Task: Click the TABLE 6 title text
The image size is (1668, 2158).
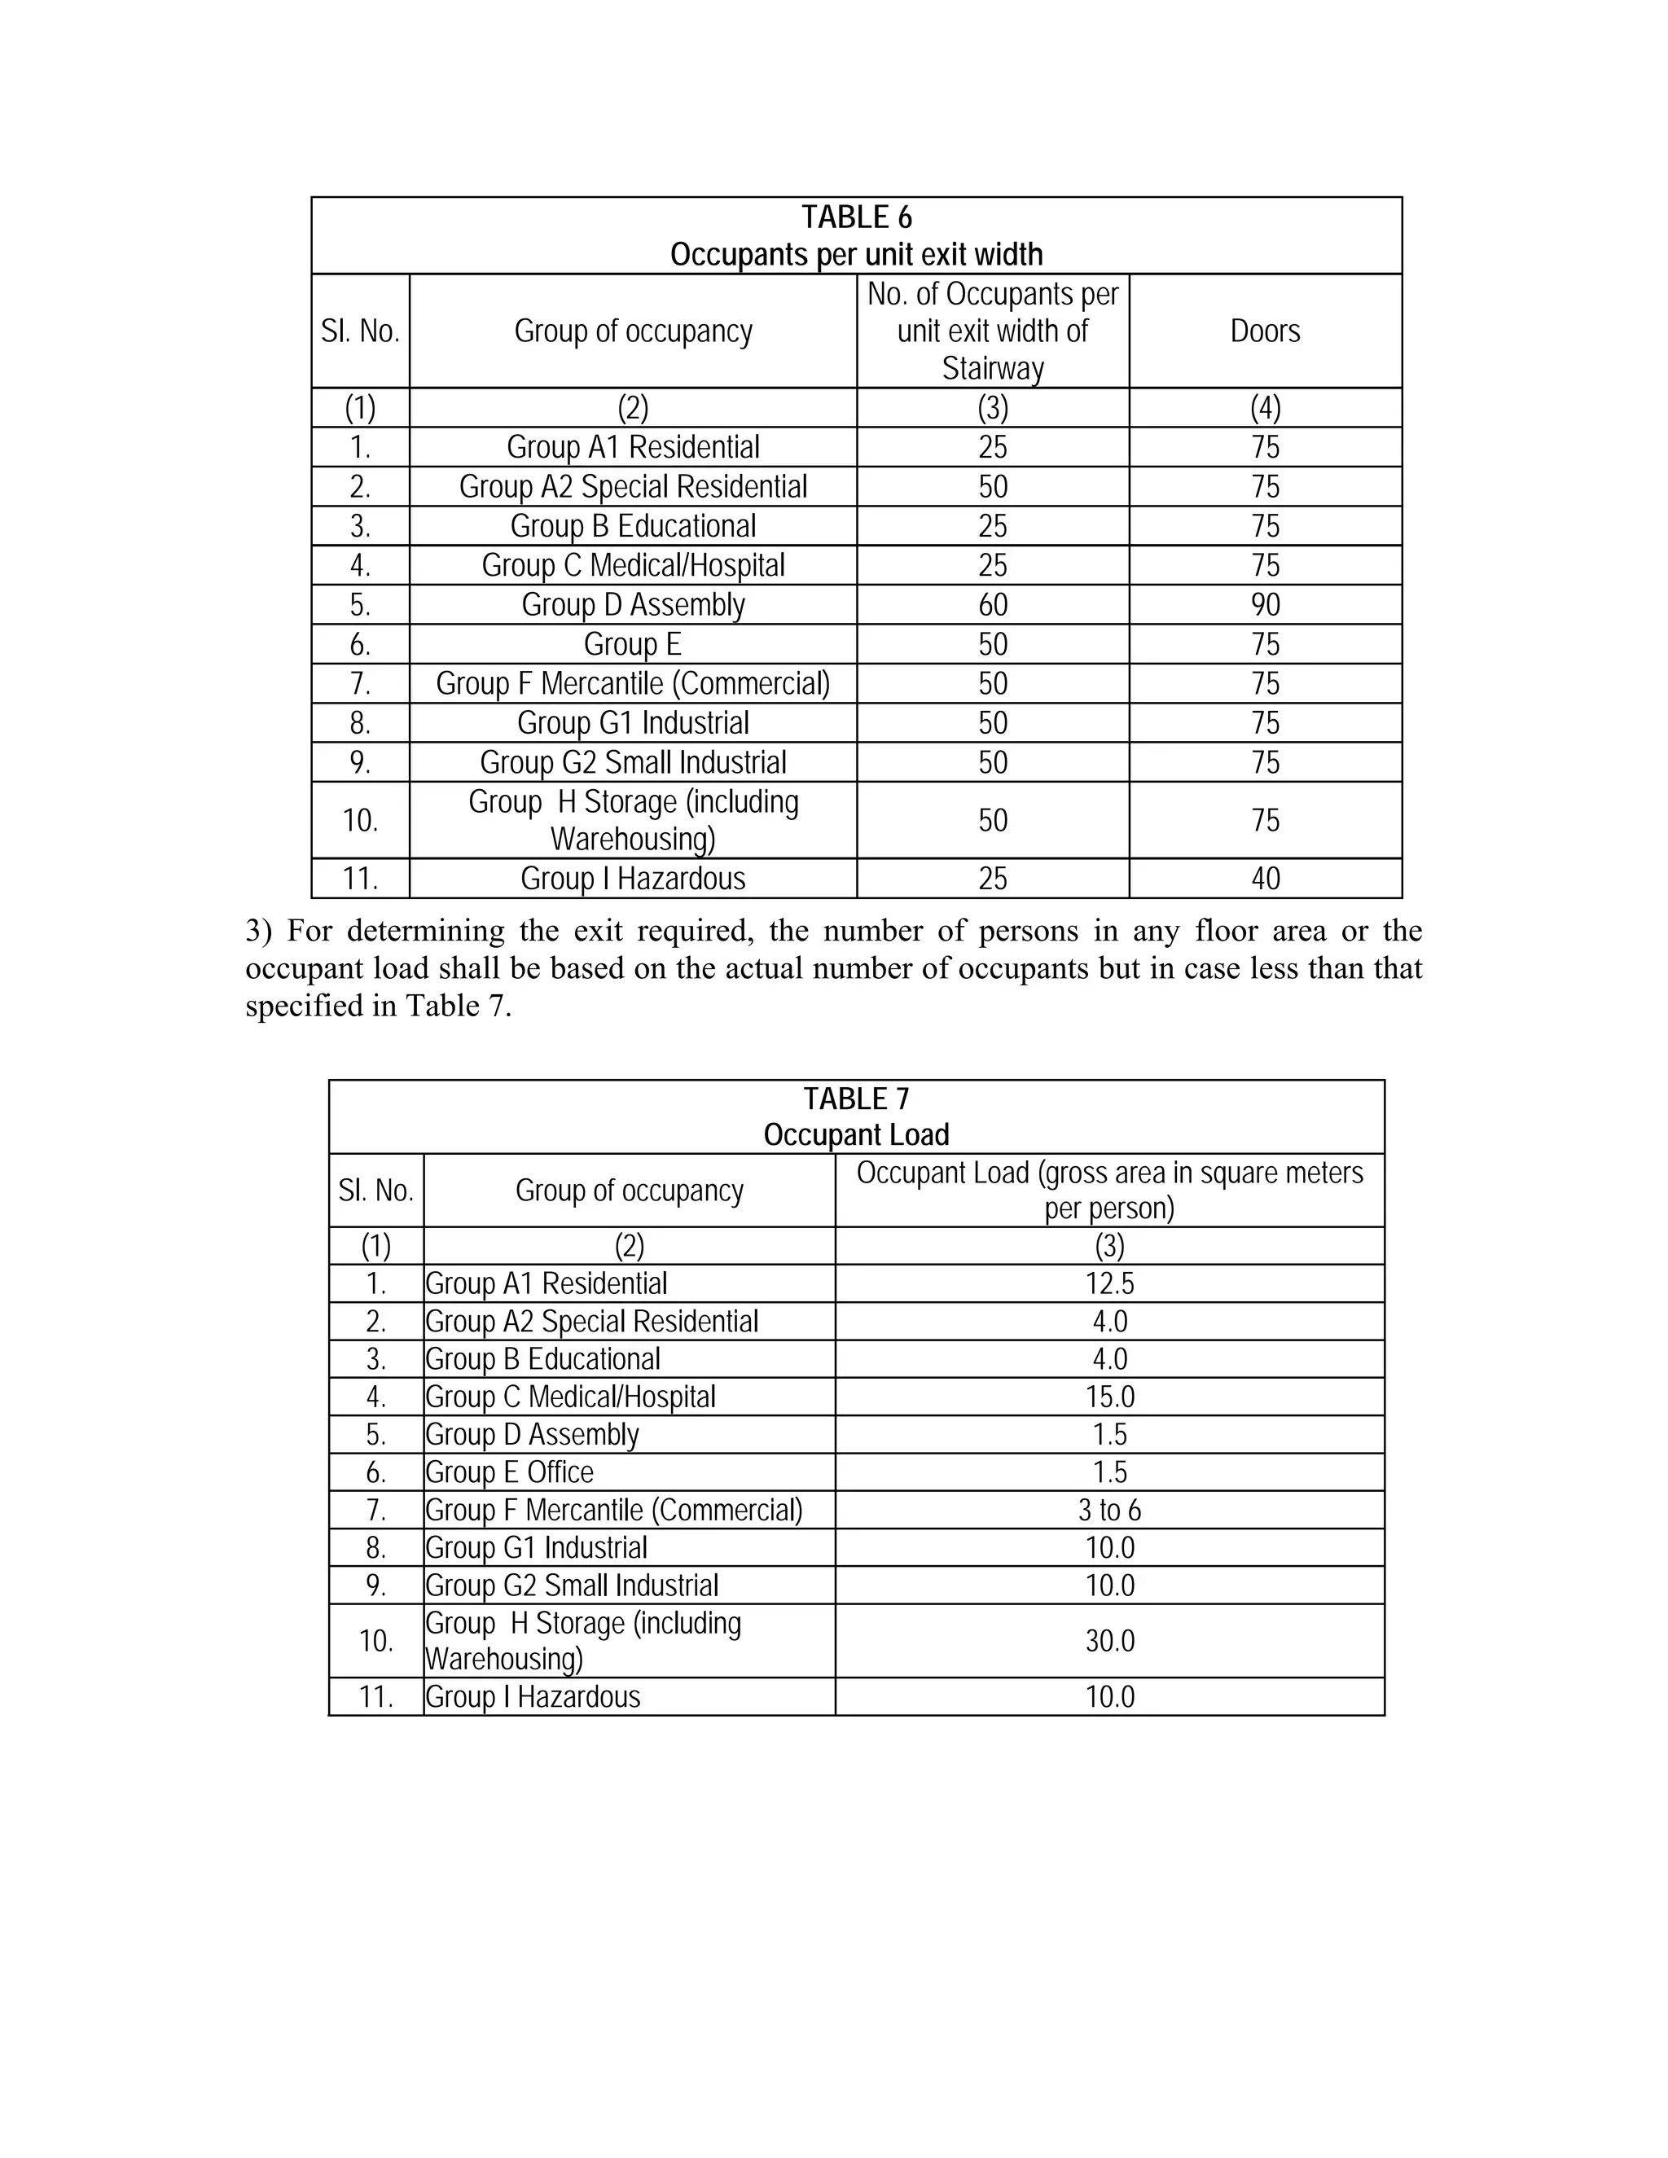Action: (x=856, y=217)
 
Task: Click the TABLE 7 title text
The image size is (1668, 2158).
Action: (x=856, y=1099)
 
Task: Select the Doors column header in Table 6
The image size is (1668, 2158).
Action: (x=1265, y=331)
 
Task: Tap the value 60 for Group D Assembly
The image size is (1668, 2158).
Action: (x=992, y=605)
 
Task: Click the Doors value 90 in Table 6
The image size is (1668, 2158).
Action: (x=1265, y=605)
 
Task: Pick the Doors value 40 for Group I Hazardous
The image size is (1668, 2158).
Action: (x=1265, y=879)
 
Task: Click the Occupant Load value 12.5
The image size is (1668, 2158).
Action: (x=1110, y=1283)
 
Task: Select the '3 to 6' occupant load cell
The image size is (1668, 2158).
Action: (x=1110, y=1510)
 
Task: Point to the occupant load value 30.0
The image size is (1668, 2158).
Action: (x=1110, y=1641)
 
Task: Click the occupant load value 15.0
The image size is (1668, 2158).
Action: (x=1110, y=1397)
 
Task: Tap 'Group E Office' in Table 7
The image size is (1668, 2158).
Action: (x=510, y=1472)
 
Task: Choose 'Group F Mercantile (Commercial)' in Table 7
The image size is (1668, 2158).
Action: (x=613, y=1510)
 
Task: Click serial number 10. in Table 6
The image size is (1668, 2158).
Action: (x=360, y=820)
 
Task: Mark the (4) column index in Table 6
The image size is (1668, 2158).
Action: (x=1265, y=408)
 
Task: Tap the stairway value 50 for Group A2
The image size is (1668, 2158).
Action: (x=992, y=487)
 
